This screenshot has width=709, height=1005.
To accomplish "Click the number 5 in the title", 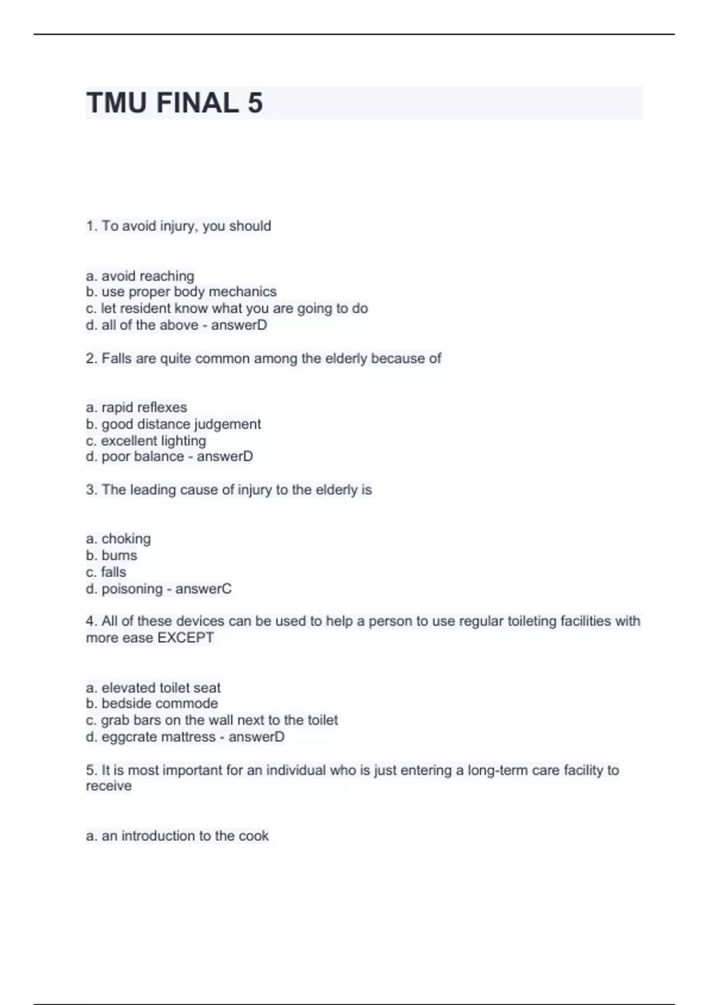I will (255, 103).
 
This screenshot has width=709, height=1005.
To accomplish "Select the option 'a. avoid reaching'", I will (140, 276).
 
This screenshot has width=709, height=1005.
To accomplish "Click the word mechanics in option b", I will (242, 292).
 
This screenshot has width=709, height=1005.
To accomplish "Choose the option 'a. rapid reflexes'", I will (136, 407).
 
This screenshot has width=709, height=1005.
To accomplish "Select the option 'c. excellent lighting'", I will (146, 441).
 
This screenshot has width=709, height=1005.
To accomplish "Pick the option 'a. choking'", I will (118, 539).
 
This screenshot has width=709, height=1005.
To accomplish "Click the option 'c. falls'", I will (106, 572).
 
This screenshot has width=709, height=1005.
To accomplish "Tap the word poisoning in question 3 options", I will (132, 589).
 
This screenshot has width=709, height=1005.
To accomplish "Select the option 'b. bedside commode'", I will (152, 703).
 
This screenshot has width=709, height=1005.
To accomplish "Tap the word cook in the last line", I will (253, 836).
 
